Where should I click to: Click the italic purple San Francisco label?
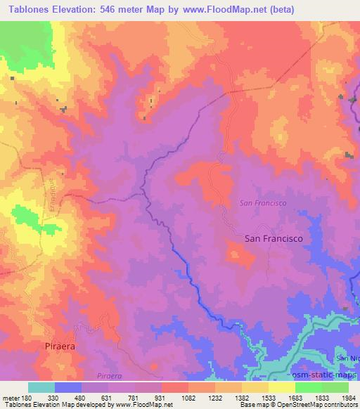tap(262, 202)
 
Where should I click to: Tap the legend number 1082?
tap(188, 397)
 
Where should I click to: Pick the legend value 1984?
tap(349, 397)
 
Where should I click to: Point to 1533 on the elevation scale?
tap(269, 397)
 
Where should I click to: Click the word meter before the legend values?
tap(10, 397)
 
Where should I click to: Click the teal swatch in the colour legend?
tap(41, 387)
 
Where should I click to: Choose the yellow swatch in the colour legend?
tap(282, 387)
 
